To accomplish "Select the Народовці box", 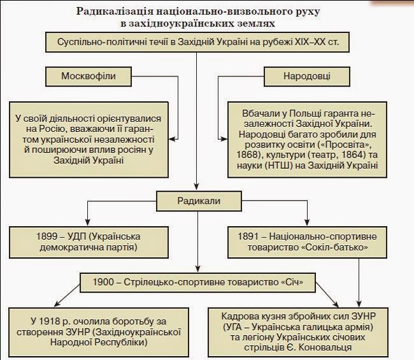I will coord(306,76).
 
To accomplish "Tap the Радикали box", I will coord(197,201).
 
